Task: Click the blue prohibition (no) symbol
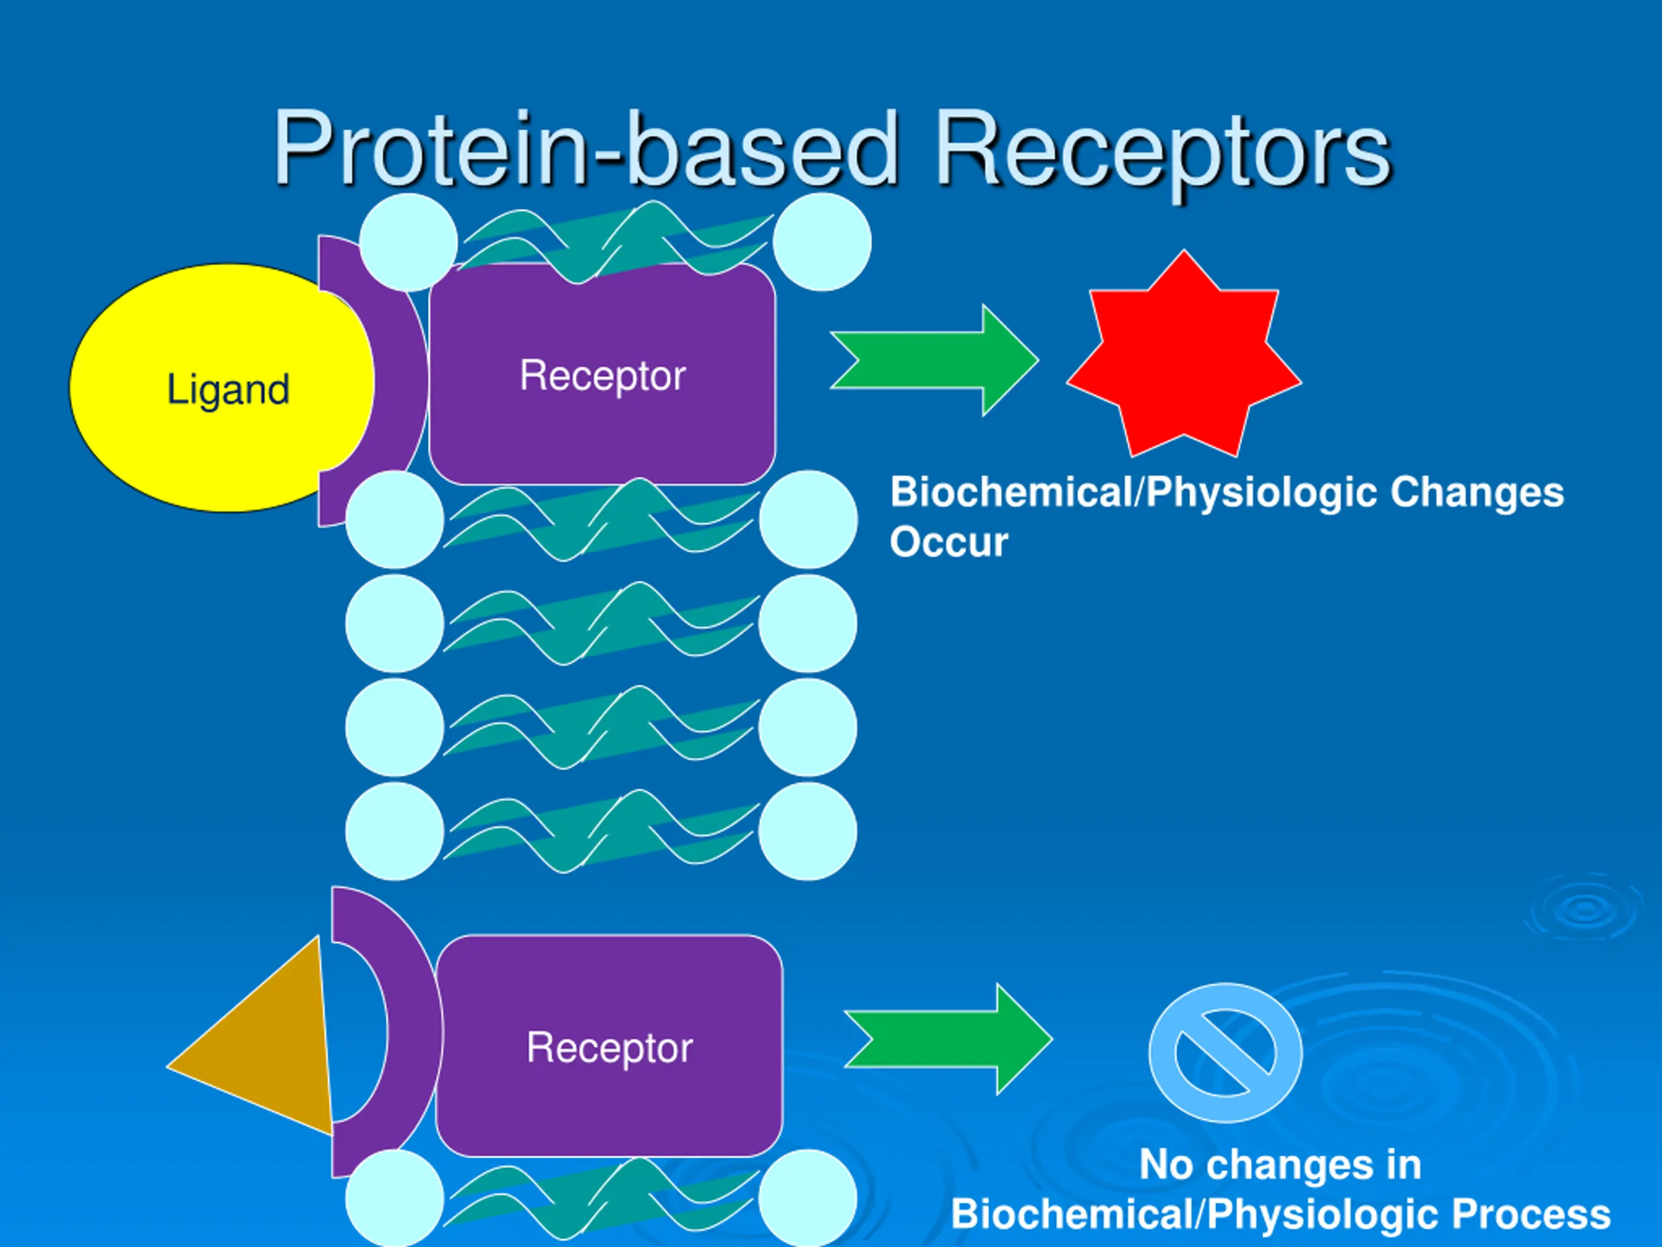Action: click(x=1226, y=1052)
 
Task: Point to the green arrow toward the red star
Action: click(x=935, y=360)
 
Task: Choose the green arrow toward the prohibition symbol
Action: click(x=949, y=1039)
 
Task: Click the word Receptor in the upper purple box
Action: click(x=602, y=377)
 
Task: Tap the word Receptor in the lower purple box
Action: click(x=610, y=1048)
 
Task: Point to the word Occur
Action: click(x=949, y=542)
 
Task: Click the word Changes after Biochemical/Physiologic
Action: click(x=1476, y=493)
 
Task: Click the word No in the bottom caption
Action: click(x=1165, y=1165)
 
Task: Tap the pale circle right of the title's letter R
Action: click(x=822, y=242)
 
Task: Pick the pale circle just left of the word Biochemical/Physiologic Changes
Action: click(x=808, y=520)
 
